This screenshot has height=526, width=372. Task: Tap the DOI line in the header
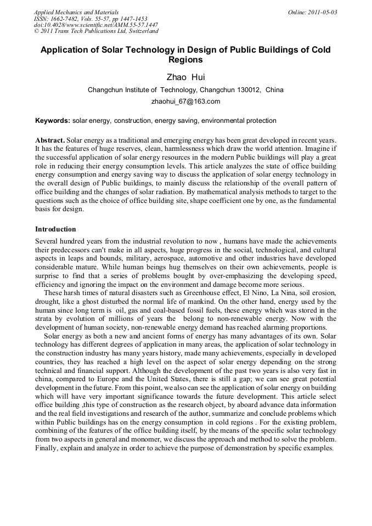click(95, 25)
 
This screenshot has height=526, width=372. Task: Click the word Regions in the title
click(186, 60)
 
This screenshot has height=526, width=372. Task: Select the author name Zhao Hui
click(186, 77)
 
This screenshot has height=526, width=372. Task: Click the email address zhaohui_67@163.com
click(185, 101)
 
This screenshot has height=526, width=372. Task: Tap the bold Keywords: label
click(53, 121)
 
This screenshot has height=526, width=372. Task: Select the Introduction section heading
click(55, 229)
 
